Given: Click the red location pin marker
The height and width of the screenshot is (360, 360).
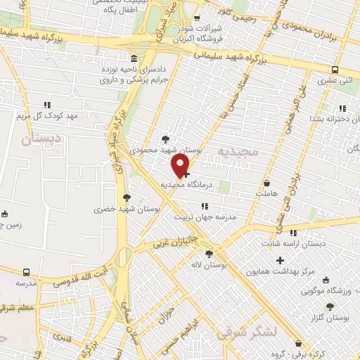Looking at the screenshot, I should pyautogui.click(x=181, y=165).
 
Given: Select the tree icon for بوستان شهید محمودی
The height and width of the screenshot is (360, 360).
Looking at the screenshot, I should pyautogui.click(x=165, y=139).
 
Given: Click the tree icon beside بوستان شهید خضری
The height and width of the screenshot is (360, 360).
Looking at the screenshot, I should pyautogui.click(x=127, y=198).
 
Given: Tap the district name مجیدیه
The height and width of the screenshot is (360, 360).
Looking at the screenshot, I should pyautogui.click(x=233, y=151).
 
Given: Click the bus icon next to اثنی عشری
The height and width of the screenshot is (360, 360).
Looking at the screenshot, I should pyautogui.click(x=335, y=70).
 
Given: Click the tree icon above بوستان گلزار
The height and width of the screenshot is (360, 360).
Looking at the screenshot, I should pyautogui.click(x=330, y=307).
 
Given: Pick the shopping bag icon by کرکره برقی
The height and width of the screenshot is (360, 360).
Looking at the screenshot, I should pyautogui.click(x=298, y=343).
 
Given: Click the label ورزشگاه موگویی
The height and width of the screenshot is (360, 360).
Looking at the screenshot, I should pyautogui.click(x=326, y=289).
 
